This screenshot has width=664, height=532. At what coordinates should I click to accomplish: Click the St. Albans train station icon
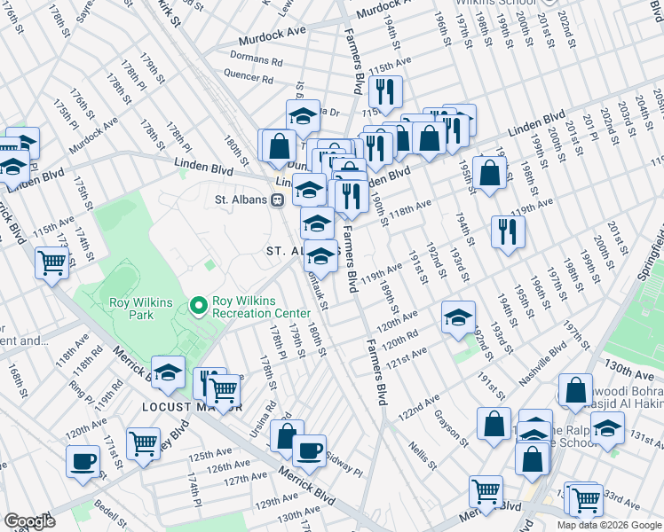click(x=278, y=199)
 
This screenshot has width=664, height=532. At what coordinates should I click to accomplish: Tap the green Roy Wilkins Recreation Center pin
click(x=198, y=306)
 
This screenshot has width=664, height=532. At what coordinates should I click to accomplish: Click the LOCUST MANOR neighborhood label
click(x=191, y=407)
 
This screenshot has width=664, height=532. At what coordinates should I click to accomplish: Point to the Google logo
click(x=30, y=521)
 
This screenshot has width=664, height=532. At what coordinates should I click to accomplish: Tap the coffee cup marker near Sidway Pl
click(x=309, y=450)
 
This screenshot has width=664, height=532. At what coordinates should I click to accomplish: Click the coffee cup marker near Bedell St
click(x=83, y=461)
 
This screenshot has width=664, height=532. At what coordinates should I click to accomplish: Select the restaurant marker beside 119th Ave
click(x=508, y=232)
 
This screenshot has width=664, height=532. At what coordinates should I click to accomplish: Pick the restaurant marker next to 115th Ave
click(x=386, y=91)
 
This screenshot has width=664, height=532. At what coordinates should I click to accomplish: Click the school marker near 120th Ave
click(x=458, y=317)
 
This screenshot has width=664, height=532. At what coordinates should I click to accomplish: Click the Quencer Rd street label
click(x=249, y=77)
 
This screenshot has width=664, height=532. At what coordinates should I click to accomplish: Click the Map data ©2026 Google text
click(x=609, y=525)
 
